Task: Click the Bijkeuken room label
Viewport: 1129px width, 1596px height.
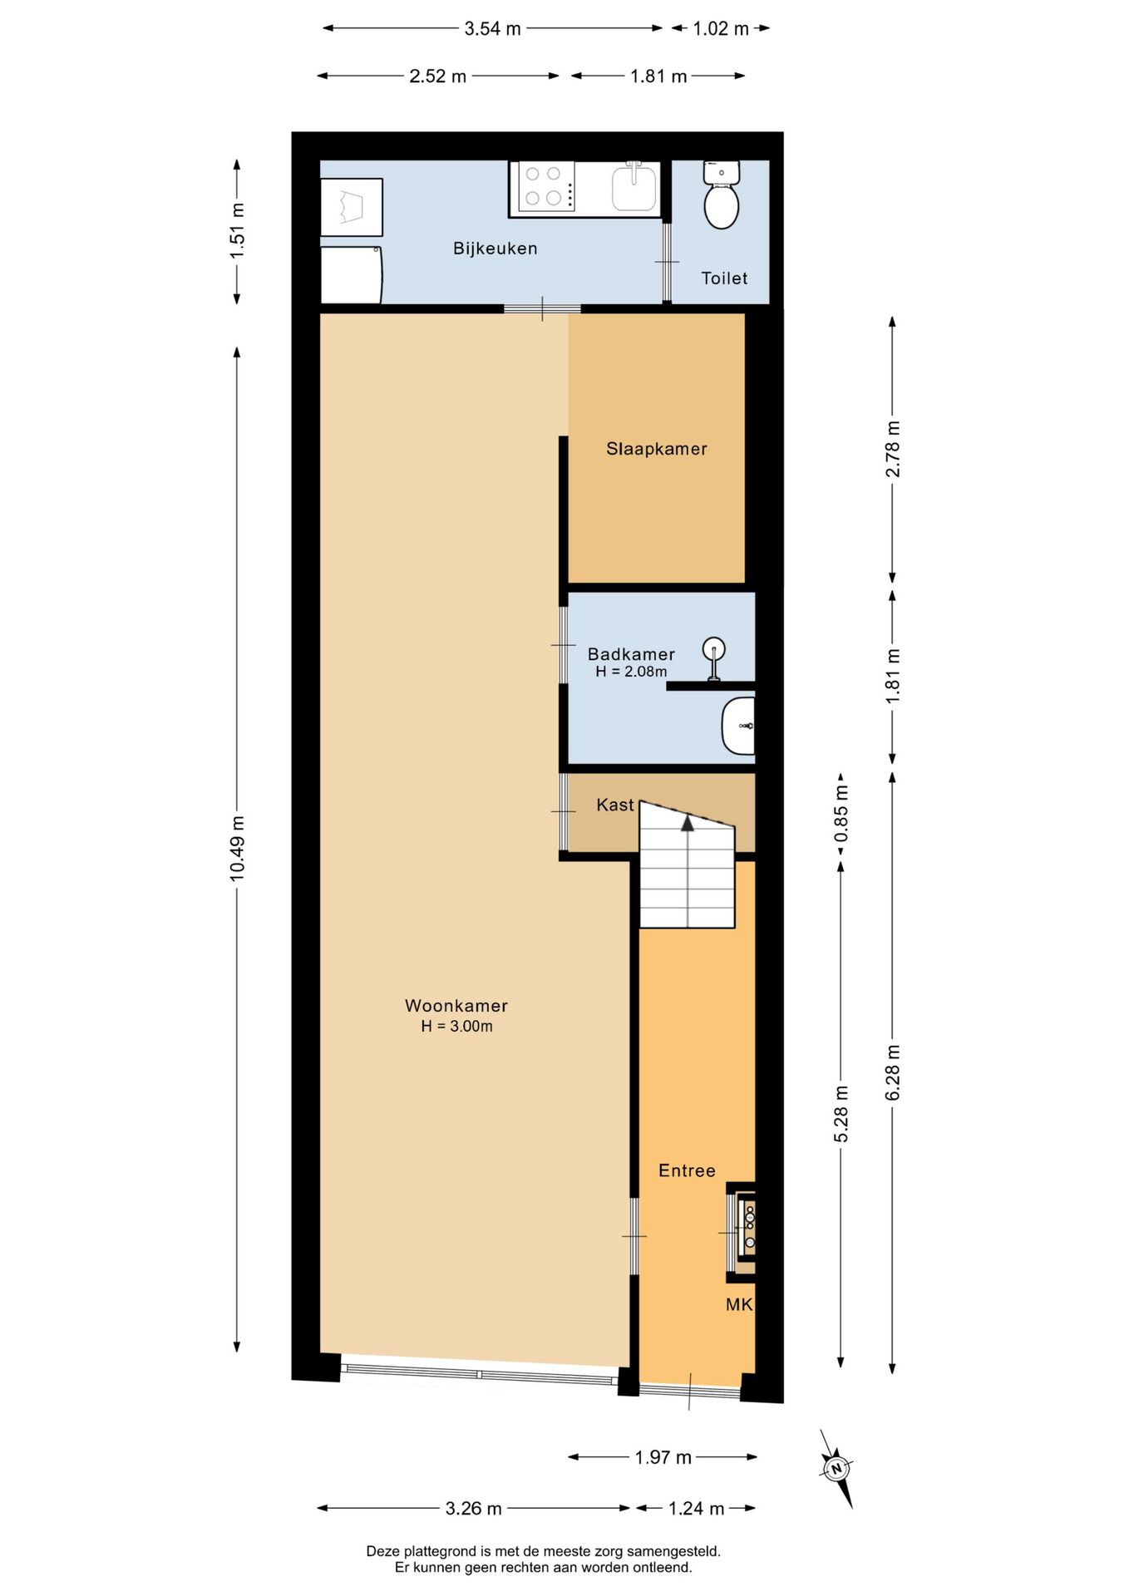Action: click(x=495, y=249)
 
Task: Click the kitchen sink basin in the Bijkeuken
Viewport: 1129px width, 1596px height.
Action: click(x=634, y=187)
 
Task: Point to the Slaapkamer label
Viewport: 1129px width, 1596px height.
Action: click(x=656, y=449)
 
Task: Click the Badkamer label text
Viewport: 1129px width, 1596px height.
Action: click(x=631, y=654)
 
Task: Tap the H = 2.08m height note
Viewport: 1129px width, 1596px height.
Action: click(x=631, y=672)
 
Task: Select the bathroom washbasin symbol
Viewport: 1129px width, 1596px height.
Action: click(x=738, y=726)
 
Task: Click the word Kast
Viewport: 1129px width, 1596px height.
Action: click(x=615, y=805)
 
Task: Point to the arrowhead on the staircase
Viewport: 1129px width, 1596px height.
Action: click(x=688, y=823)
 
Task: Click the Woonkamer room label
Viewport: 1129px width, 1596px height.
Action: click(x=456, y=1006)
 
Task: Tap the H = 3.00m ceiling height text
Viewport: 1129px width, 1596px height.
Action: click(x=456, y=1027)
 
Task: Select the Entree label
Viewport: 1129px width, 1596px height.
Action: click(x=687, y=1170)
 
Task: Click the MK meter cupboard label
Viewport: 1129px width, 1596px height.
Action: click(x=739, y=1305)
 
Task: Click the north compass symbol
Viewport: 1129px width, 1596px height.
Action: click(x=836, y=1469)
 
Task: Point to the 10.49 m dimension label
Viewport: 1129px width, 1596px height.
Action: click(x=237, y=847)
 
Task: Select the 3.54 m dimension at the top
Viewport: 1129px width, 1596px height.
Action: click(x=492, y=28)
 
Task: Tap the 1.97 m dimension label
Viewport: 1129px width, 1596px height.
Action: click(x=663, y=1457)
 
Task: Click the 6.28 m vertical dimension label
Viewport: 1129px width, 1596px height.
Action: click(x=892, y=1072)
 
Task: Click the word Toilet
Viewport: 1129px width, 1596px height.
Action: click(x=724, y=278)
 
